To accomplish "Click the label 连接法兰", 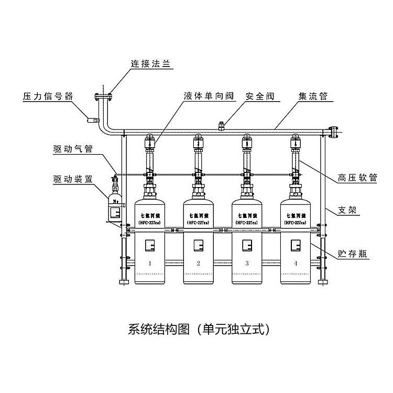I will (151, 64).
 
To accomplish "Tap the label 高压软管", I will (359, 178).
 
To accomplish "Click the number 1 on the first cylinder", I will (150, 263).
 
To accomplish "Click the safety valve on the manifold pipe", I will (222, 126).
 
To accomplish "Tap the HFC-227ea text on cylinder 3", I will (246, 222).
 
